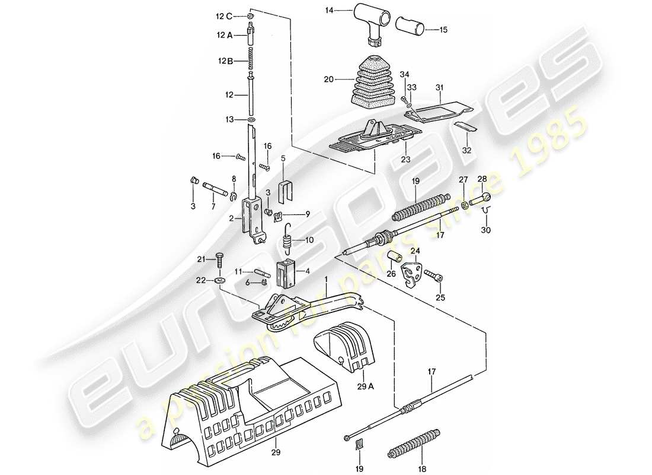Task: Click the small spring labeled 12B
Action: pos(251,60)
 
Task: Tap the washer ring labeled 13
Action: pos(251,120)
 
